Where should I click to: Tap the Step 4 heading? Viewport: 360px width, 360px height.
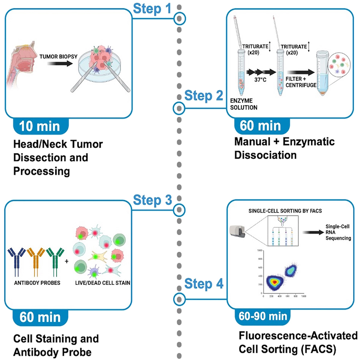(x=203, y=284)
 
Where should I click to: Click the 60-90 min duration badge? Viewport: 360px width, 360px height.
(x=263, y=316)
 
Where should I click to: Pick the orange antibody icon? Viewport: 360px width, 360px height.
(x=36, y=260)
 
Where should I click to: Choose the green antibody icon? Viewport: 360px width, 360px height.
(x=55, y=260)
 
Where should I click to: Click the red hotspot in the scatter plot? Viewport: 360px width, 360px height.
(x=275, y=281)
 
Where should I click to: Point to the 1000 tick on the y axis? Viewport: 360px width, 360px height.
(x=259, y=250)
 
